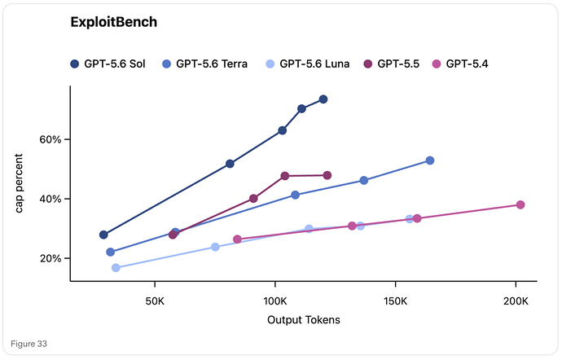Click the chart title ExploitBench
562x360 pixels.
(x=113, y=22)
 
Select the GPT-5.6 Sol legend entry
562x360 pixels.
(x=108, y=64)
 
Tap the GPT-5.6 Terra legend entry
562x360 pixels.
(x=204, y=64)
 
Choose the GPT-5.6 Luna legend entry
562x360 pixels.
(x=308, y=64)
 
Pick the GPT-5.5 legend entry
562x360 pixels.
(x=392, y=64)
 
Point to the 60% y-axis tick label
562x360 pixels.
(x=50, y=139)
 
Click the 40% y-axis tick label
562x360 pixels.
(x=50, y=199)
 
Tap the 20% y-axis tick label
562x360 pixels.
(x=50, y=258)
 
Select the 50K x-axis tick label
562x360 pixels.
(x=155, y=301)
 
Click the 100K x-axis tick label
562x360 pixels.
(x=275, y=301)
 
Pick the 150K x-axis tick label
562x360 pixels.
(x=395, y=301)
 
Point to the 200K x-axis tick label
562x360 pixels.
(x=516, y=301)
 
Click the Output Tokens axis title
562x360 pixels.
(x=304, y=320)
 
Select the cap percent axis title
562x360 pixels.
(x=19, y=183)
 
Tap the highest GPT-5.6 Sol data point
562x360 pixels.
(x=323, y=99)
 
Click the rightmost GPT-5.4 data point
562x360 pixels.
(x=520, y=204)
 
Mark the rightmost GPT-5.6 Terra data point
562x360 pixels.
(x=430, y=160)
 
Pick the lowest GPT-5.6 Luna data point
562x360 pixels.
(x=116, y=268)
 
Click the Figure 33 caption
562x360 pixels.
(x=29, y=344)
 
